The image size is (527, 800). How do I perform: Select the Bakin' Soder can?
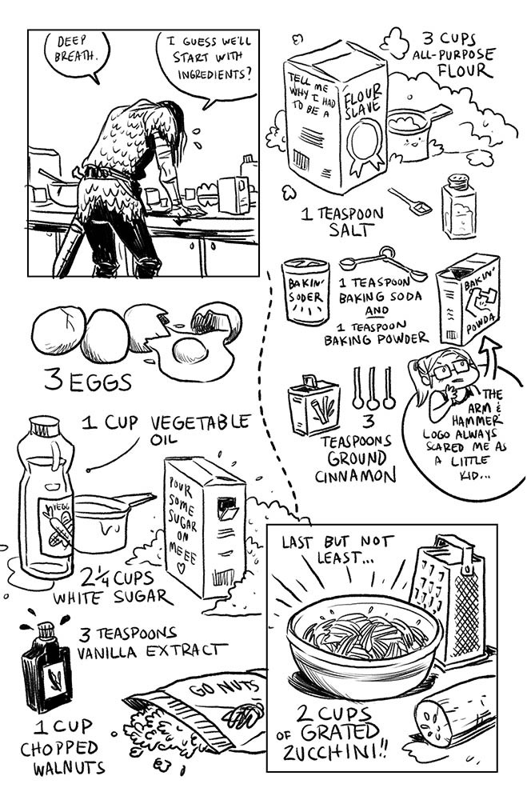tap(305, 291)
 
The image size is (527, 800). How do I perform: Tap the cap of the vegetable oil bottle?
tap(45, 425)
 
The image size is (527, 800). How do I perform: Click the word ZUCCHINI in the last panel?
tap(335, 751)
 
